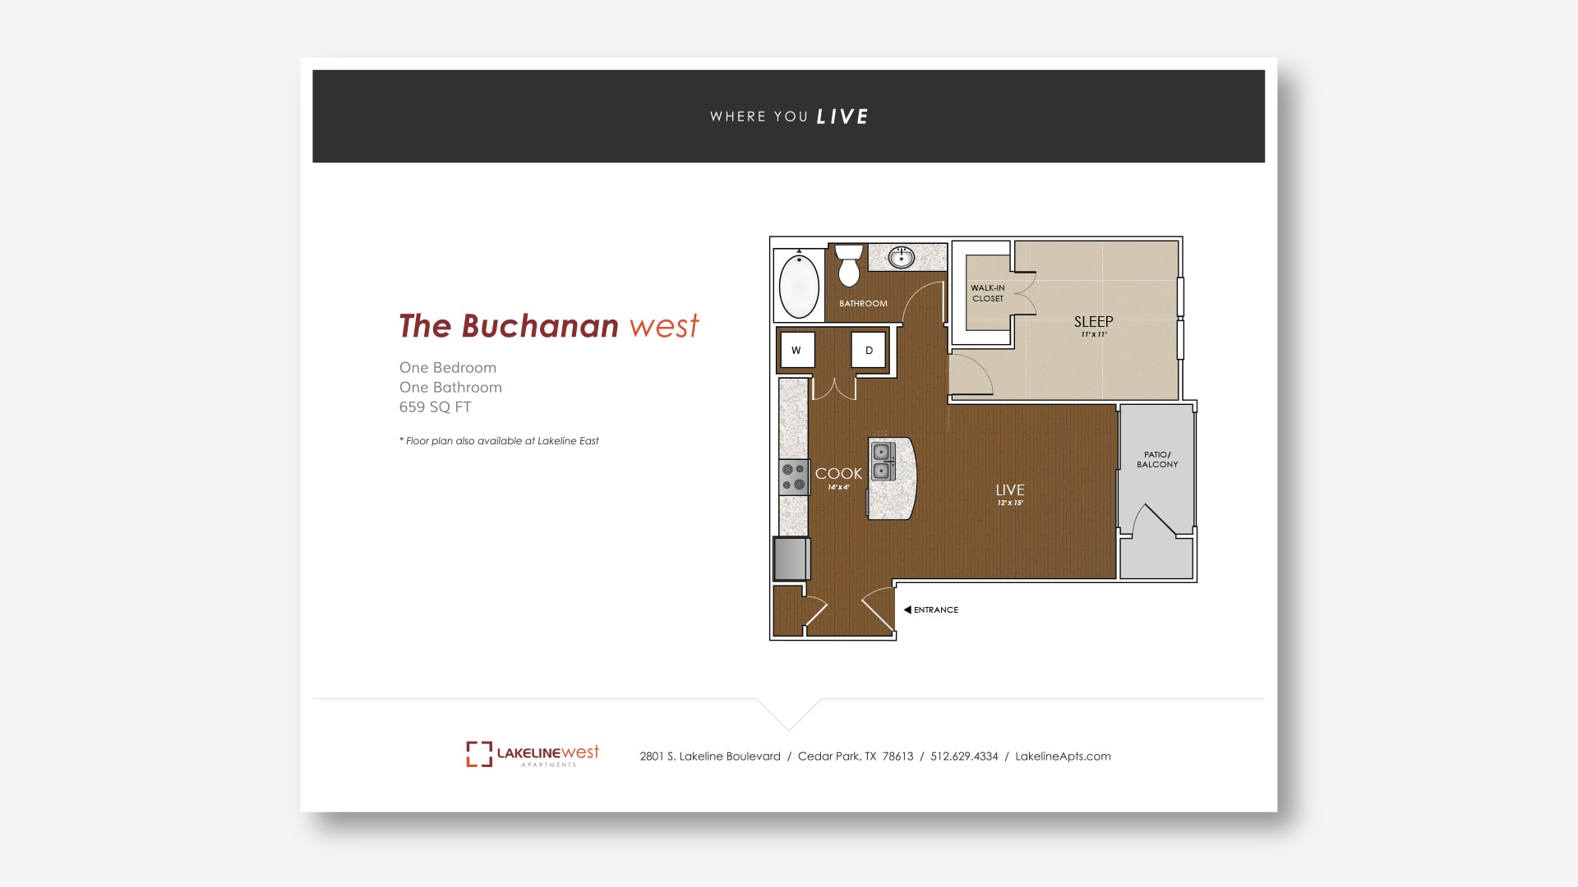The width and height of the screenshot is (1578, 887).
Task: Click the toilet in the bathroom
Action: (x=849, y=265)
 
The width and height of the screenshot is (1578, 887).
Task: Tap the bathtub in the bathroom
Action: (x=799, y=286)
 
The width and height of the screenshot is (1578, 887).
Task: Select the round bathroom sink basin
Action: (x=902, y=258)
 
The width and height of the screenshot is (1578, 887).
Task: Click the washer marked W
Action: (x=796, y=351)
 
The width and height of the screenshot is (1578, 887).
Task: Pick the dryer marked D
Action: (x=869, y=351)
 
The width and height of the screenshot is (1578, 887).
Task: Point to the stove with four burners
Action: (x=794, y=477)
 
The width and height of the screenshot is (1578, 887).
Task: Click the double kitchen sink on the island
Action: (x=883, y=461)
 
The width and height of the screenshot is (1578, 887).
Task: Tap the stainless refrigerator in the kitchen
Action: (x=791, y=558)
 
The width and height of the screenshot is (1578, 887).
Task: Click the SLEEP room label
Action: (x=1093, y=322)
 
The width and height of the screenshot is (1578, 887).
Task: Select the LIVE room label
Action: (x=1010, y=490)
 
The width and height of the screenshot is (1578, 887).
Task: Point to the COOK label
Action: (x=838, y=474)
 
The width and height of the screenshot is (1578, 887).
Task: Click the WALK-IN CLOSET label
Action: (x=988, y=293)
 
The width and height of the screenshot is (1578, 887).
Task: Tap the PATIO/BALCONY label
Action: (x=1157, y=459)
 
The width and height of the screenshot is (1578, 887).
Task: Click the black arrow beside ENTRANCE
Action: (x=907, y=609)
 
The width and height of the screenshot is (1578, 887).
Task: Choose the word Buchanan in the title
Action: (x=540, y=326)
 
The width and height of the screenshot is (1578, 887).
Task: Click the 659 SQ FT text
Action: (x=436, y=407)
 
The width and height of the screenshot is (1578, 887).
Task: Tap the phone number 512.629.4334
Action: (x=964, y=756)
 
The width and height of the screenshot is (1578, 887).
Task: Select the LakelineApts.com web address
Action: (x=1063, y=756)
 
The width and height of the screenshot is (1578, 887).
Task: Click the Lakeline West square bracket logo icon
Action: (x=479, y=754)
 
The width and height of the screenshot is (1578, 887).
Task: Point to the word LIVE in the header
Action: (x=842, y=117)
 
